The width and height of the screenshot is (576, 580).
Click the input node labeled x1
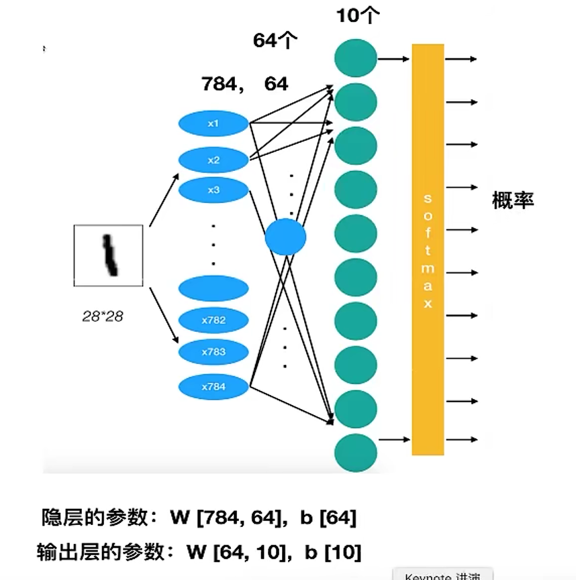pyautogui.click(x=213, y=124)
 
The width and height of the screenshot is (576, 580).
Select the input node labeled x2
pyautogui.click(x=213, y=160)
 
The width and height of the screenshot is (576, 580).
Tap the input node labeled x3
pyautogui.click(x=213, y=190)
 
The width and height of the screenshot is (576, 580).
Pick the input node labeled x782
pyautogui.click(x=213, y=320)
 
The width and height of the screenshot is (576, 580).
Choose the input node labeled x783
pyautogui.click(x=213, y=351)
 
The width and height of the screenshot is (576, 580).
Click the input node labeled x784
pyautogui.click(x=213, y=386)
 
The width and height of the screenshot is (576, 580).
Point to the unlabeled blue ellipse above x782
pyautogui.click(x=213, y=288)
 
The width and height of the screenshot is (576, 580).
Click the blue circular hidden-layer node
pyautogui.click(x=285, y=237)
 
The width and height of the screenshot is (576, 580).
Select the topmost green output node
pyautogui.click(x=355, y=58)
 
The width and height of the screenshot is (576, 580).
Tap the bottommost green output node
pyautogui.click(x=355, y=452)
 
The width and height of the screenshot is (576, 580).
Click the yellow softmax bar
pyautogui.click(x=428, y=249)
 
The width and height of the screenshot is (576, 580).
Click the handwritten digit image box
pyautogui.click(x=108, y=255)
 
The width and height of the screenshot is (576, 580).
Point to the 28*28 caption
pyautogui.click(x=103, y=316)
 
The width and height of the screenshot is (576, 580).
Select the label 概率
pyautogui.click(x=513, y=200)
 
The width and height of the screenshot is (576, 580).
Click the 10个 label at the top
pyautogui.click(x=358, y=15)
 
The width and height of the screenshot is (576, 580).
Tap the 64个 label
pyautogui.click(x=275, y=41)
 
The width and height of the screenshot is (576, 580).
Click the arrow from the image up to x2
pyautogui.click(x=164, y=200)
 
